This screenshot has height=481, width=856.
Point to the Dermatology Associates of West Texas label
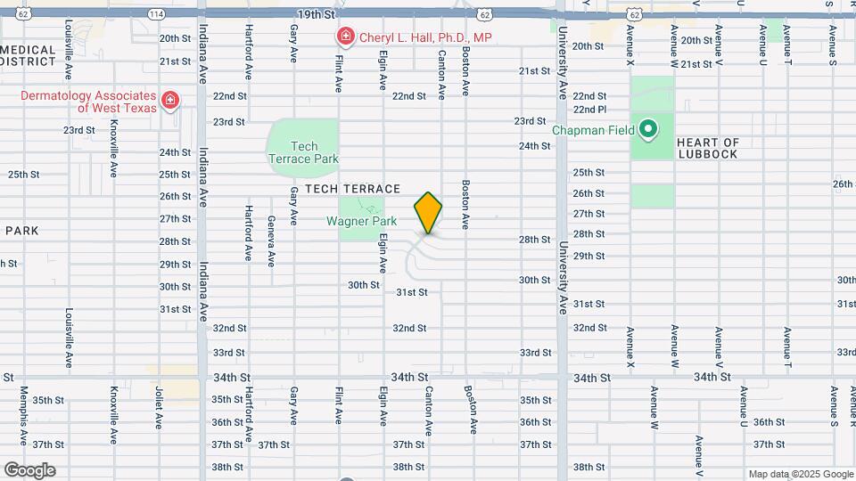pyautogui.click(x=88, y=102)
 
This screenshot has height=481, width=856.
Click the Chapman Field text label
pyautogui.click(x=593, y=130)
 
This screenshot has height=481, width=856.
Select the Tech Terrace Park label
pyautogui.click(x=304, y=152)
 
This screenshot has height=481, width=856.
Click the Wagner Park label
pyautogui.click(x=361, y=221)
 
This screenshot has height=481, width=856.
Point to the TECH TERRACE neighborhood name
pyautogui.click(x=352, y=189)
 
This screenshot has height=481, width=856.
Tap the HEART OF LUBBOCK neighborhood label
pyautogui.click(x=708, y=148)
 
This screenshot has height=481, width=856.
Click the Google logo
pyautogui.click(x=29, y=470)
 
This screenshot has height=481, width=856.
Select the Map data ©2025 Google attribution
pyautogui.click(x=801, y=474)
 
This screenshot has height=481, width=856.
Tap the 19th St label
pyautogui.click(x=316, y=15)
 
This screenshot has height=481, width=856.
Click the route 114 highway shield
pyautogui.click(x=157, y=15)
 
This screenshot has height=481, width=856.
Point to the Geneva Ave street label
pyautogui.click(x=271, y=240)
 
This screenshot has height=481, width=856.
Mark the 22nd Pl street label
pyautogui.click(x=590, y=109)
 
